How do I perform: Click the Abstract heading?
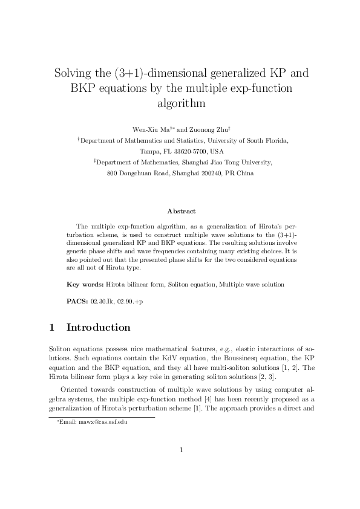coord(181,212)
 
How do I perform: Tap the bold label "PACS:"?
coord(77,300)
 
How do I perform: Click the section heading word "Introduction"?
coord(98,328)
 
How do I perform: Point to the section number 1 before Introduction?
coord(51,328)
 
